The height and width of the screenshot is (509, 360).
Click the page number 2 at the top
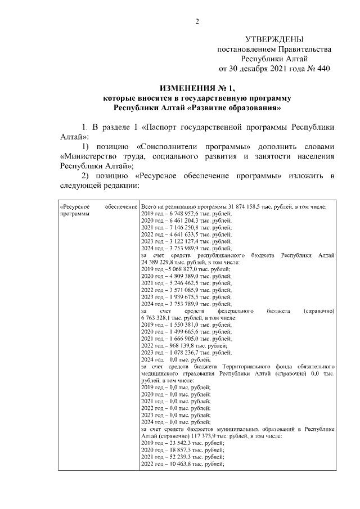coord(197,22)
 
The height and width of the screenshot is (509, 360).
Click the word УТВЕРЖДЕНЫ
coord(274,39)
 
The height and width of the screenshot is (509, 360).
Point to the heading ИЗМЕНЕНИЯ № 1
coord(196,88)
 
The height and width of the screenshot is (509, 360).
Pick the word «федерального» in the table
coord(235,310)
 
